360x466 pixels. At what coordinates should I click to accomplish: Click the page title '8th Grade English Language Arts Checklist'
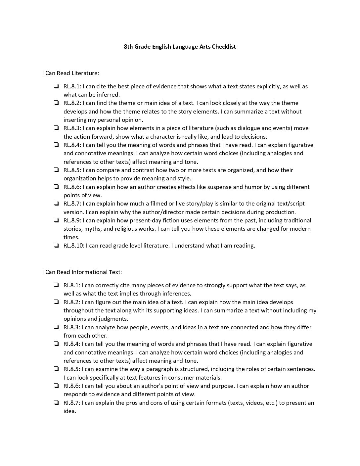[180, 47]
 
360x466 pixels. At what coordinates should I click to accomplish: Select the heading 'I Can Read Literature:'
[70, 73]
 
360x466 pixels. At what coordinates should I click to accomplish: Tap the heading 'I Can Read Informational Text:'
[82, 272]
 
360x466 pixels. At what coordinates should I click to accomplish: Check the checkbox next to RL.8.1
[56, 86]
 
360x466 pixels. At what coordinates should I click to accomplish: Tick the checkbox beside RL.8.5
[56, 170]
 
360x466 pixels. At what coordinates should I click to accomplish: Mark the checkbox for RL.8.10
[56, 245]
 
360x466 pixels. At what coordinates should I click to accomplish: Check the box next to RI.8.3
[56, 327]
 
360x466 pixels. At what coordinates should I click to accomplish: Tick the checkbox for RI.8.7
[56, 402]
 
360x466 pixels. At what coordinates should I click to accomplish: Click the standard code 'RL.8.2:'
[72, 103]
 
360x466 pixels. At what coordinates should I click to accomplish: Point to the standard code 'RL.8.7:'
[72, 204]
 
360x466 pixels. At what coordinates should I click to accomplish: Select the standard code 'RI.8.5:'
[71, 369]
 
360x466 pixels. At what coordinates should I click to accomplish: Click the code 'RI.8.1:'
[71, 285]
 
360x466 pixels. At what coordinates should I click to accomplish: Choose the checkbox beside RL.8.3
[56, 128]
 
